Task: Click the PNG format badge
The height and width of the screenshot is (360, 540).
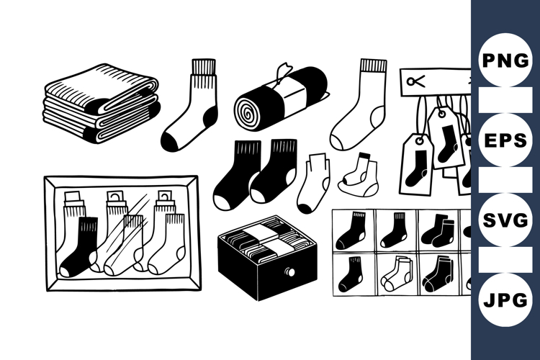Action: (x=505, y=60)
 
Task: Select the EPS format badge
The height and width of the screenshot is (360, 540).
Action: (x=505, y=140)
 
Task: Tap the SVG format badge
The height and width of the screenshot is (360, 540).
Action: (x=505, y=220)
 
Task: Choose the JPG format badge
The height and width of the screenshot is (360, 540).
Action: (x=505, y=300)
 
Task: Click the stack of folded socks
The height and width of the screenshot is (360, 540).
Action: (x=102, y=103)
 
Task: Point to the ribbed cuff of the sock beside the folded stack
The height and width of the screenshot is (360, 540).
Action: (x=203, y=67)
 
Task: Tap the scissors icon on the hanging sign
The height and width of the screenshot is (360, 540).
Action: (x=415, y=81)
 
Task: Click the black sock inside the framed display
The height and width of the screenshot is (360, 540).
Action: (x=79, y=248)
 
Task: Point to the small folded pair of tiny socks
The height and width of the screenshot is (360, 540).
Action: (x=358, y=176)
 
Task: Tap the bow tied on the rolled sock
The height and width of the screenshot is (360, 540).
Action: (x=285, y=70)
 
